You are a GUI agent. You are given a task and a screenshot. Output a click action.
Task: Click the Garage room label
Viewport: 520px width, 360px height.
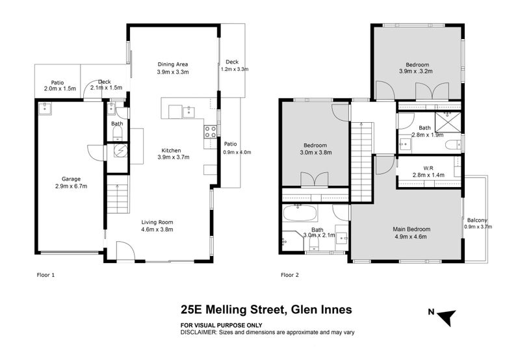coord(71,179)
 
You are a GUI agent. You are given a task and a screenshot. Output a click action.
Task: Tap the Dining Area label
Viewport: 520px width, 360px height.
coord(173,64)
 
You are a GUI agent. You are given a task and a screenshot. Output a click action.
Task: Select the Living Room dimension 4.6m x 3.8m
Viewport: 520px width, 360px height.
coord(157,229)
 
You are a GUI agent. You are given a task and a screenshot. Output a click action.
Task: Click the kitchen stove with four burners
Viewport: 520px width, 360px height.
coord(210,132)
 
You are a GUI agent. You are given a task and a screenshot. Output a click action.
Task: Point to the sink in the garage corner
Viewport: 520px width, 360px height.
coord(44,108)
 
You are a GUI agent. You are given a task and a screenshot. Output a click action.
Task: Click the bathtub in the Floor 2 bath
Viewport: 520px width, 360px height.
coord(300,213)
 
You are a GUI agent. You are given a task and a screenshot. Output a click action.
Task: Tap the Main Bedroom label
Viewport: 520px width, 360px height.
coord(411,229)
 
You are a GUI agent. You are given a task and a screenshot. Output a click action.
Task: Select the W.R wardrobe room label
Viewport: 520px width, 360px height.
coord(428,168)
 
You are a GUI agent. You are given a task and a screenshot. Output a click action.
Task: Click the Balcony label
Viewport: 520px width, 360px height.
coord(477,220)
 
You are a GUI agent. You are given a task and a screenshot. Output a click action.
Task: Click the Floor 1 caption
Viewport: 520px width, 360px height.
coord(45,275)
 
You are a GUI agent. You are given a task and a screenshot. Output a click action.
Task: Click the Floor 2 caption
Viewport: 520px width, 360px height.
coord(290,275)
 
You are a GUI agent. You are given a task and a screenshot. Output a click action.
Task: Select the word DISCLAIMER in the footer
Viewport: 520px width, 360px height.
coord(198,332)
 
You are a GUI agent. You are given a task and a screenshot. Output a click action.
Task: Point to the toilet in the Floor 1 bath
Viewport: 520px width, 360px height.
coord(118,134)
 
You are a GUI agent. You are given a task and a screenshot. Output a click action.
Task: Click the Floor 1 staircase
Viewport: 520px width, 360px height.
coord(118,194)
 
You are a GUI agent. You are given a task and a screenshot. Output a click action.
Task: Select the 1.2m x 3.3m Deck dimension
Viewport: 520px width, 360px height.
coord(235,70)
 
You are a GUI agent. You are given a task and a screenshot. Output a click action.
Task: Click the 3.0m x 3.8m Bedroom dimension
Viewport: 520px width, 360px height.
coord(316,153)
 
